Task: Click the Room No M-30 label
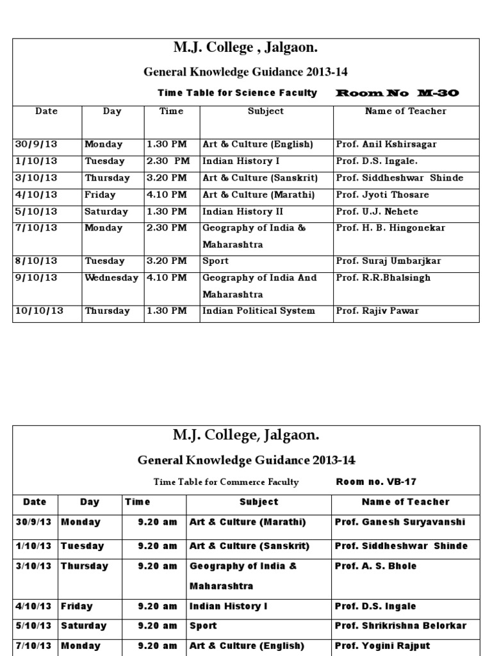[397, 94]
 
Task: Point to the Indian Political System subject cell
[259, 311]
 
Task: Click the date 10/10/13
[39, 311]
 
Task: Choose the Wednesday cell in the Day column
[111, 277]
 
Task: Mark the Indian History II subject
[243, 211]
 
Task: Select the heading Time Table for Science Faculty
[237, 93]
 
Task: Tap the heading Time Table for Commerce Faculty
[226, 482]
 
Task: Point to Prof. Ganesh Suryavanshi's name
[400, 522]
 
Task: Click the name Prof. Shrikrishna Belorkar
[400, 626]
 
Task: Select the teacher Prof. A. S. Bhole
[375, 566]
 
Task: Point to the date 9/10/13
[37, 277]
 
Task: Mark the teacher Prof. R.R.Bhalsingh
[383, 277]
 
